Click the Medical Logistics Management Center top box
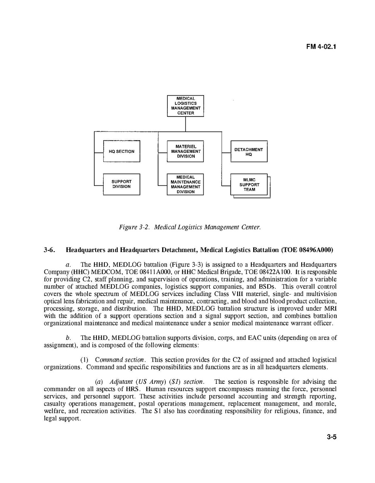click(x=185, y=106)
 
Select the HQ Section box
click(x=122, y=152)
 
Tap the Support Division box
click(x=122, y=184)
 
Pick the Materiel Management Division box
click(x=185, y=152)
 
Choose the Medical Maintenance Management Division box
click(x=185, y=184)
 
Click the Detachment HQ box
click(x=249, y=152)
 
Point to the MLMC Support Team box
click(x=249, y=185)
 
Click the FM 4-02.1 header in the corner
click(x=321, y=46)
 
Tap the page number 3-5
click(x=331, y=436)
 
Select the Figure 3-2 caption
click(x=190, y=227)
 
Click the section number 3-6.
click(x=49, y=250)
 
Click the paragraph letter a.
click(x=68, y=264)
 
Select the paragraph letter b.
click(x=68, y=337)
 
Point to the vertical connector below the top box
click(x=185, y=124)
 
